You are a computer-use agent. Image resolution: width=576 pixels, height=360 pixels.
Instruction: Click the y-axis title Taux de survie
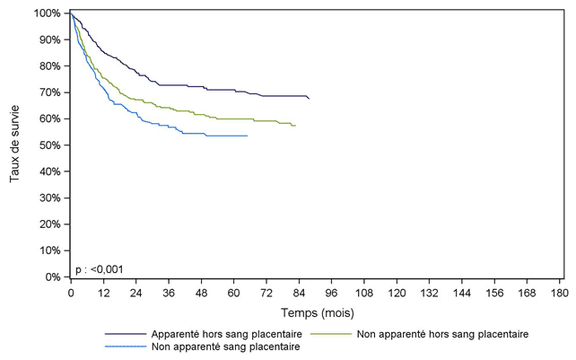(15, 145)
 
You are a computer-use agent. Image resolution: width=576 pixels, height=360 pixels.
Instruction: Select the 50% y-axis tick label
(51, 145)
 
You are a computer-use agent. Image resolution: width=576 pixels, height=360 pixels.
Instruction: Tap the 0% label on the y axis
(54, 277)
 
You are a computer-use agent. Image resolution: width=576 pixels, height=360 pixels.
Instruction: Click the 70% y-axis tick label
(51, 92)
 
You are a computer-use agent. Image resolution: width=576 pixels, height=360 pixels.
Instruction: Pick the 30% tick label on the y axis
(51, 198)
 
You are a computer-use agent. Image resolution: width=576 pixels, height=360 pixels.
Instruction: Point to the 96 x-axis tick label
(331, 293)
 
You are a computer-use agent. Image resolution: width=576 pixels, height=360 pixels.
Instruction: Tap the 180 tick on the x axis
(558, 293)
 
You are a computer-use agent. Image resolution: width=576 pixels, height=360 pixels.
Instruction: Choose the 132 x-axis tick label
(428, 293)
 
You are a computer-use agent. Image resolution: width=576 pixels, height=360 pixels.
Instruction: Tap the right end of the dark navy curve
(309, 98)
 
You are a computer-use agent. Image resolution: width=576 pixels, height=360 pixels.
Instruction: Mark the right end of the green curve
(296, 126)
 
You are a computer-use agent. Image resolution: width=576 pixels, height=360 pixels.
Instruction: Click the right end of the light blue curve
(247, 136)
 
